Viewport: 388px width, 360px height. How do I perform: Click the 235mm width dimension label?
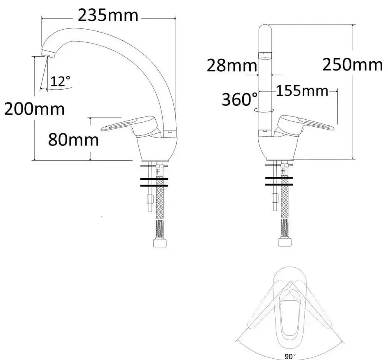pos(108,16)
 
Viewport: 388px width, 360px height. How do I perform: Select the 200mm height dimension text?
pos(34,109)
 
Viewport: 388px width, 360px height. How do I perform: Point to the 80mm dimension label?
pos(74,140)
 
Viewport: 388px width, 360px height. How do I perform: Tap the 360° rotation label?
pos(239,99)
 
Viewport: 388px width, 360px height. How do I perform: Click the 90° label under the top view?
pos(292,356)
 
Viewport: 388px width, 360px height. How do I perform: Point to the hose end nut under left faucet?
pos(159,243)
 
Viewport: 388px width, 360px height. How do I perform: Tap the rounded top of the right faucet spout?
pos(265,31)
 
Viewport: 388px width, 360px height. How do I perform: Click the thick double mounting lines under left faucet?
pos(154,182)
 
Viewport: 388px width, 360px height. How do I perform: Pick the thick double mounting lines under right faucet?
pos(279,182)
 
